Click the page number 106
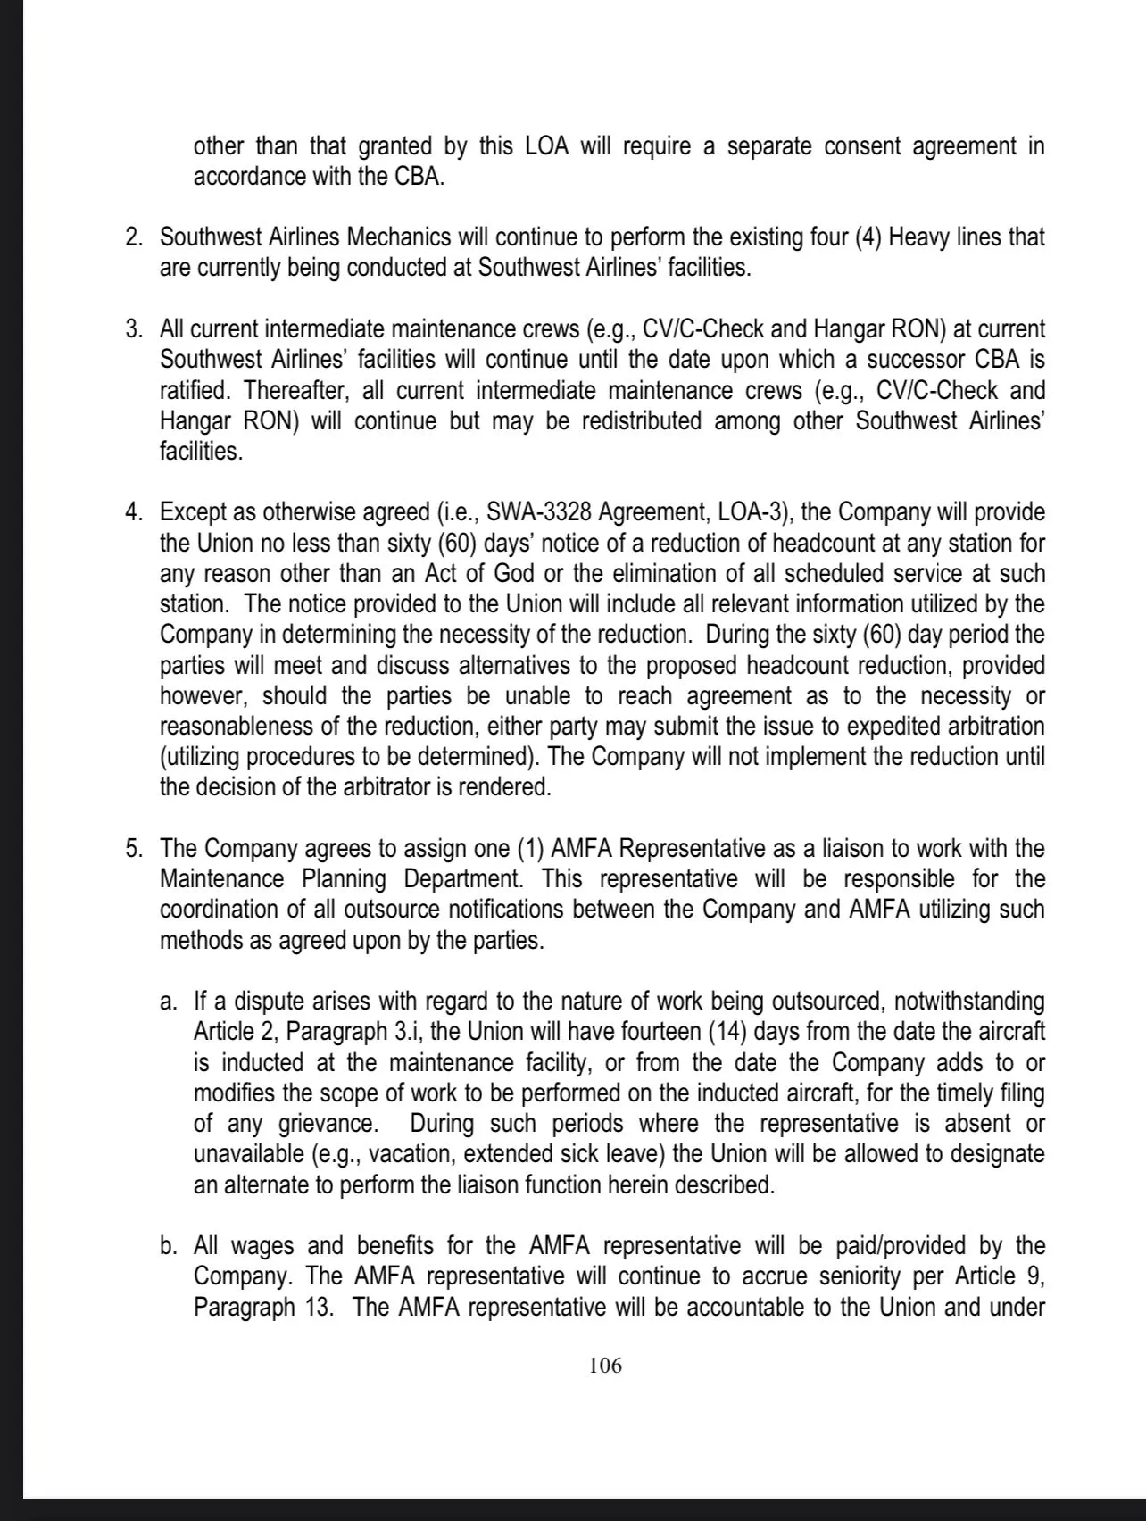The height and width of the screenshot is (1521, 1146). coord(605,1366)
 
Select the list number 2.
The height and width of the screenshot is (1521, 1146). coord(133,237)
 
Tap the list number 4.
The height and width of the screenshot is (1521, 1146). coord(133,513)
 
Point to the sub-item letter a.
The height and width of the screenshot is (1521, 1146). coord(169,1002)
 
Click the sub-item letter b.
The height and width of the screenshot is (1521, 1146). coord(169,1246)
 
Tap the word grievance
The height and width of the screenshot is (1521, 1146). coord(315,1124)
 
